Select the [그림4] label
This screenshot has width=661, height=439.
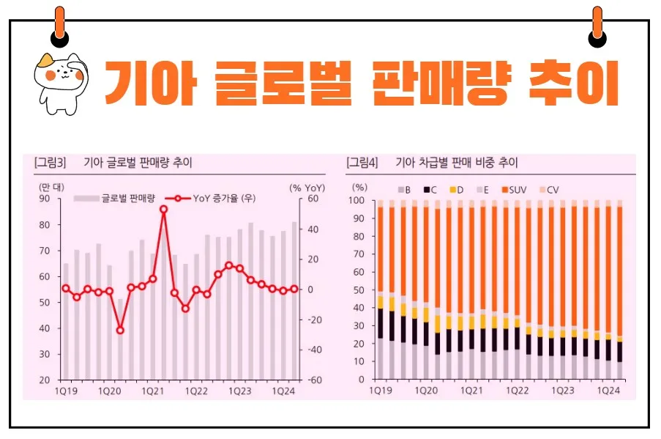click(x=362, y=162)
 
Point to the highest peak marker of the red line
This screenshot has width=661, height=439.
click(x=164, y=209)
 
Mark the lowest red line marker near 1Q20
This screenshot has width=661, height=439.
click(x=120, y=331)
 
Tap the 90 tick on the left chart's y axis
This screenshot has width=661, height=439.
click(x=45, y=199)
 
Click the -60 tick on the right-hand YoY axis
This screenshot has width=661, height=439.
click(x=314, y=380)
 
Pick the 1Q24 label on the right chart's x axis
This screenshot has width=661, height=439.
click(x=607, y=392)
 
